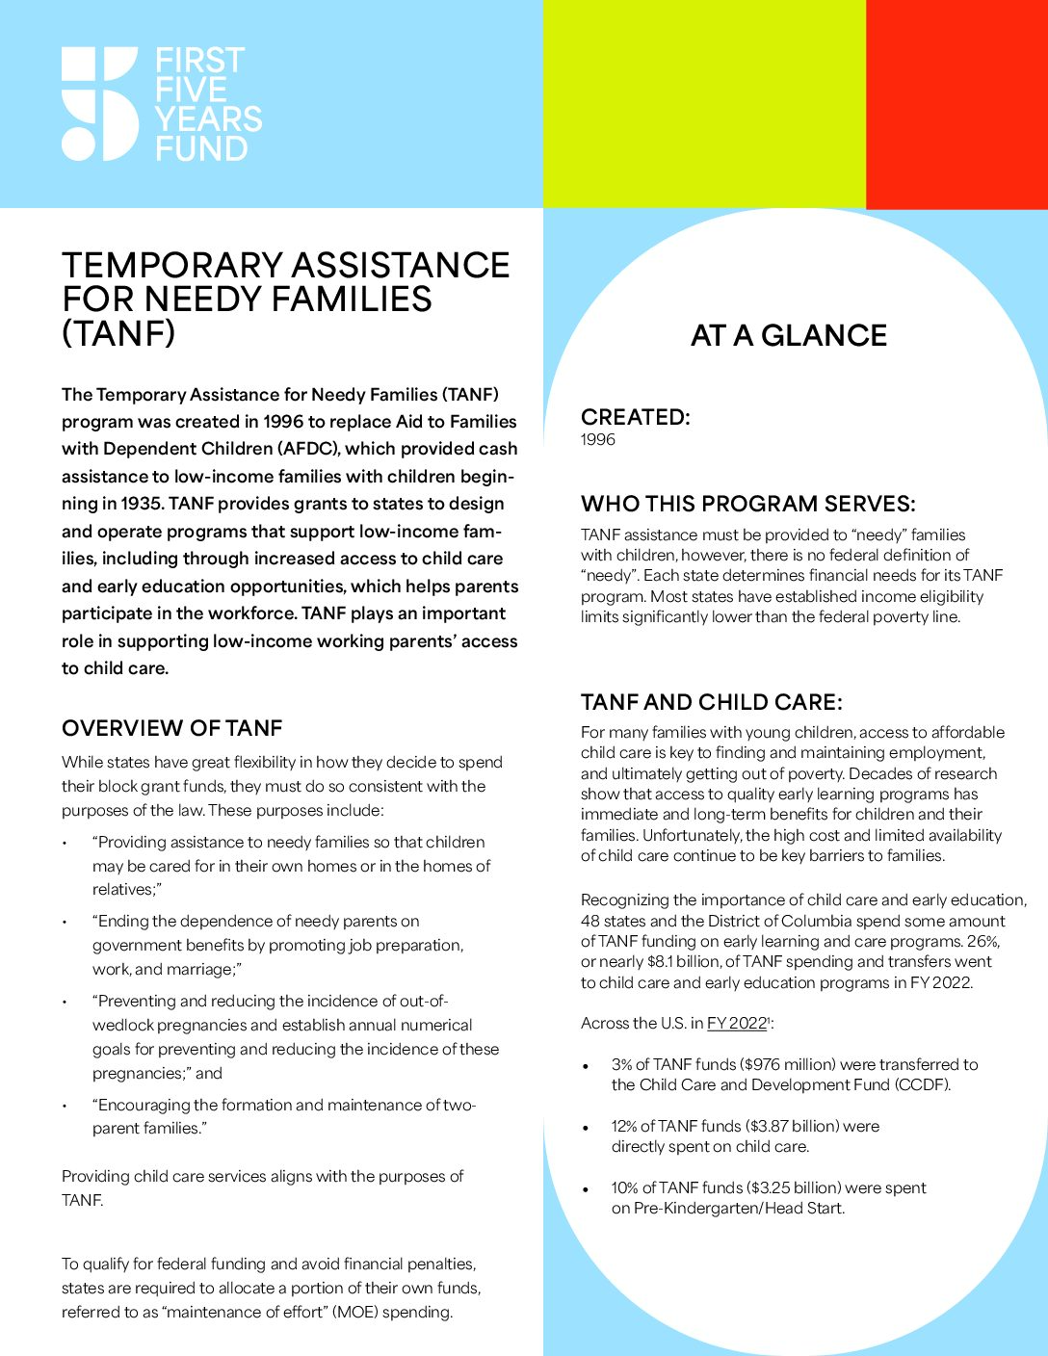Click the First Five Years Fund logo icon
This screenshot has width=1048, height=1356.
coord(100,103)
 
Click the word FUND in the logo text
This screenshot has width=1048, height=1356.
coord(201,149)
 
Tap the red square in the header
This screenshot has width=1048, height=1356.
coord(956,103)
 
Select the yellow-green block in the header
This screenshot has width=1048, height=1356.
coord(704,103)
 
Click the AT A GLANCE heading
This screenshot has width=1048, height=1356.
coord(789,336)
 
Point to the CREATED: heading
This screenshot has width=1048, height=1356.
coord(636,417)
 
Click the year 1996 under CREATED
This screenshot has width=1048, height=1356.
coord(598,440)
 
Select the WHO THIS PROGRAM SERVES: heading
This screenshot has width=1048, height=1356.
coord(747,504)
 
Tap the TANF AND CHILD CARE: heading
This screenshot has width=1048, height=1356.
coord(711,702)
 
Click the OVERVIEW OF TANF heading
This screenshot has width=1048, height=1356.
coord(171,728)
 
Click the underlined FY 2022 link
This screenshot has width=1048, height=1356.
coord(737,1024)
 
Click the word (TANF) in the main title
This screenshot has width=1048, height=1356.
coord(118,333)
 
